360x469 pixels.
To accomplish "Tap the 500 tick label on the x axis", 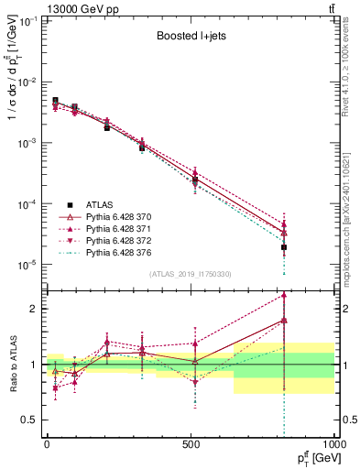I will tap(191, 442).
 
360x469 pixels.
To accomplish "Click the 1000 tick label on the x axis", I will tap(333, 442).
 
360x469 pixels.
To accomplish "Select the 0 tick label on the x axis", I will tap(47, 442).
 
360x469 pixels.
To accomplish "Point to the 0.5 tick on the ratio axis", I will tap(31, 420).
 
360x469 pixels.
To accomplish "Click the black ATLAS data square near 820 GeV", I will tap(284, 247).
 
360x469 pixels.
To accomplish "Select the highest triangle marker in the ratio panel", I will tap(284, 295).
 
